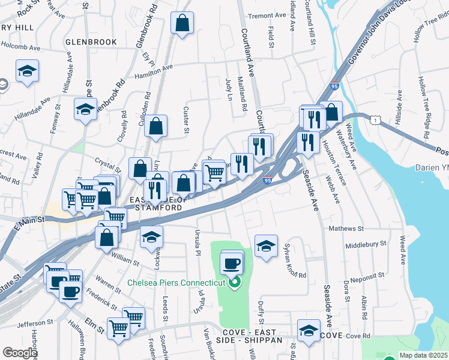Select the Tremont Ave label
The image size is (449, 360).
(268, 16)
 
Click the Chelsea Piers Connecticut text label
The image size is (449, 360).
(176, 282)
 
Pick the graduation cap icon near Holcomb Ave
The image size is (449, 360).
(28, 71)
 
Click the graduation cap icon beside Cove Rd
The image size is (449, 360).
(309, 331)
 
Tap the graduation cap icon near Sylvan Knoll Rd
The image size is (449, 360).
(266, 246)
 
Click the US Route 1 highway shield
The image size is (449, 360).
(375, 121)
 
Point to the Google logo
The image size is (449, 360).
(20, 353)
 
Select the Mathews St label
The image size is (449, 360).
(346, 229)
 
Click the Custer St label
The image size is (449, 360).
(186, 121)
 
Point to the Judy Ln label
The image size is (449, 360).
(229, 88)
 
